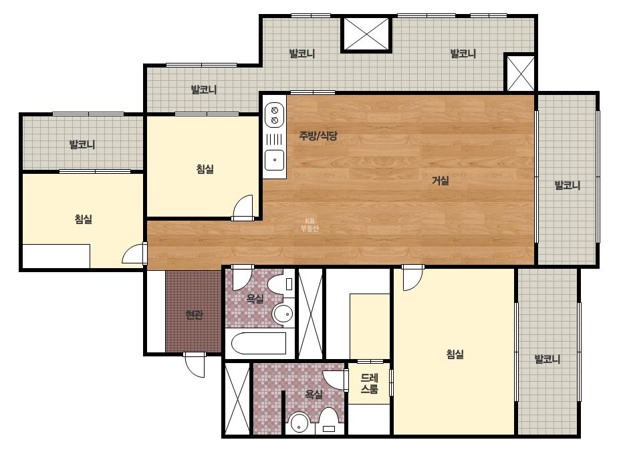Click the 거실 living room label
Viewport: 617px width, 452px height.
(441, 181)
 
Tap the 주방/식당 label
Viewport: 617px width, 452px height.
(318, 136)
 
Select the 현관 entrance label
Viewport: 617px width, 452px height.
(194, 315)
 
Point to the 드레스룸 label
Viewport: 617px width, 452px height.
(369, 384)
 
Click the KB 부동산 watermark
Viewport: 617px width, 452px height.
(310, 225)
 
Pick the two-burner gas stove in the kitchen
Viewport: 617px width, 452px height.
(275, 114)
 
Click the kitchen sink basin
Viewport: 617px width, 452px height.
(275, 160)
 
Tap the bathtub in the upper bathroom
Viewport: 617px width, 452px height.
(259, 344)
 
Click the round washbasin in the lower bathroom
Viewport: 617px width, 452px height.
(299, 423)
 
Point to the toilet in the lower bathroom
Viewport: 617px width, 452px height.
(328, 421)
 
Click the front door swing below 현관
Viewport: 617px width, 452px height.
(195, 364)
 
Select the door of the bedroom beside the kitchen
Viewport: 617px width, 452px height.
(243, 207)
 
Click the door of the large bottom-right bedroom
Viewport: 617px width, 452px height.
(412, 277)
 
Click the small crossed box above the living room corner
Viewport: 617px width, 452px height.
(520, 74)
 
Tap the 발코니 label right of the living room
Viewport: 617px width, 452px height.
(567, 185)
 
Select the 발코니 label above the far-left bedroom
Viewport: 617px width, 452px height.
(82, 144)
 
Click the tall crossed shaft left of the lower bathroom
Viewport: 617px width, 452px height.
(237, 399)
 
